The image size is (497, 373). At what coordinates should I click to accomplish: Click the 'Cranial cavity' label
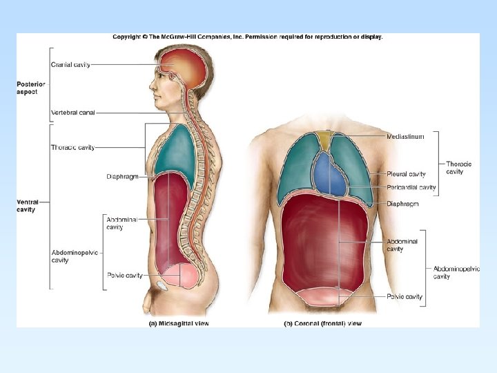70,65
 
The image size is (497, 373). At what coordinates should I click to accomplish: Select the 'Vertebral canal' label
72,112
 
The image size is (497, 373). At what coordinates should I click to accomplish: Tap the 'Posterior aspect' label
31,88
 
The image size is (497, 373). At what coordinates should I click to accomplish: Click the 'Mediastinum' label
405,137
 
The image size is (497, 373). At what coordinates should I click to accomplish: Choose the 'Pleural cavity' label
406,175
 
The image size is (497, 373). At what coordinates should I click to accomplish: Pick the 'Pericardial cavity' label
411,187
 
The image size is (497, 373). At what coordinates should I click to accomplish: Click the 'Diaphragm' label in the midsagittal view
122,177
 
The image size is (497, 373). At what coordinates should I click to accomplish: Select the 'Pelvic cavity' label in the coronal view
405,297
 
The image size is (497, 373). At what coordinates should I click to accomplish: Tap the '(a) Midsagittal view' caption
179,323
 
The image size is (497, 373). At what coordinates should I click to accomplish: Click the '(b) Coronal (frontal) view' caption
322,323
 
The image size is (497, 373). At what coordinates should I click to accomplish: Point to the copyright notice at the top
247,37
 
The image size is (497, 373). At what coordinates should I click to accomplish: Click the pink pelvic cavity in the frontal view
324,297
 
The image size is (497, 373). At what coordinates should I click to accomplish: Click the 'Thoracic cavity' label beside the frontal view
459,167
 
